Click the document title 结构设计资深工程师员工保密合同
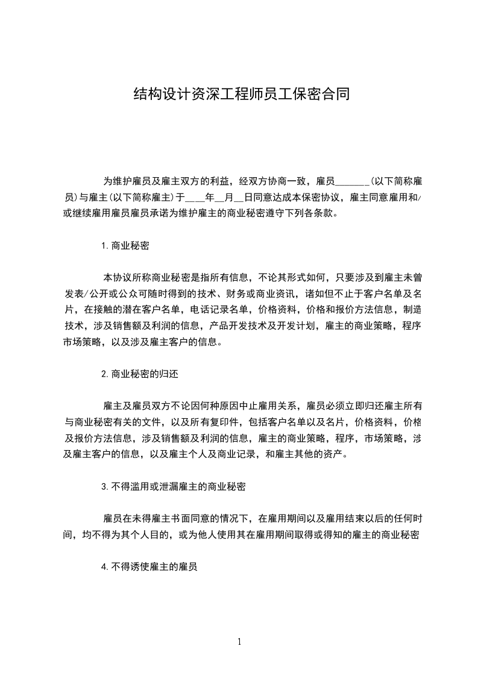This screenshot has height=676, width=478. [x=241, y=94]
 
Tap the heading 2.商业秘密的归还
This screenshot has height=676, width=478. [x=139, y=374]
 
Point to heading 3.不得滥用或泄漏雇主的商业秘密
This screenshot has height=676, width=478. [x=173, y=486]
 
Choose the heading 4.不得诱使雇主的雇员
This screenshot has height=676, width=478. [x=150, y=566]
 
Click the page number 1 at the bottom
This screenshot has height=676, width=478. [x=239, y=642]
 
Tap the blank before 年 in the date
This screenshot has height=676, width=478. [x=195, y=197]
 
